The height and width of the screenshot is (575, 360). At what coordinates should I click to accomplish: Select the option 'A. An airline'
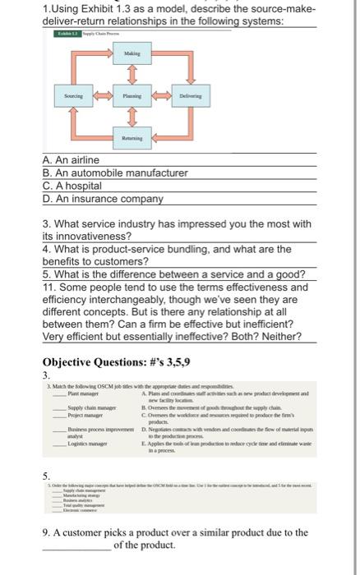[x=71, y=160]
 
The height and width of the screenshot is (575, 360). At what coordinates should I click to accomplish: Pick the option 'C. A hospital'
[x=75, y=186]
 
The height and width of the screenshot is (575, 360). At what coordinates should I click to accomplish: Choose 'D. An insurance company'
[x=103, y=200]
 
